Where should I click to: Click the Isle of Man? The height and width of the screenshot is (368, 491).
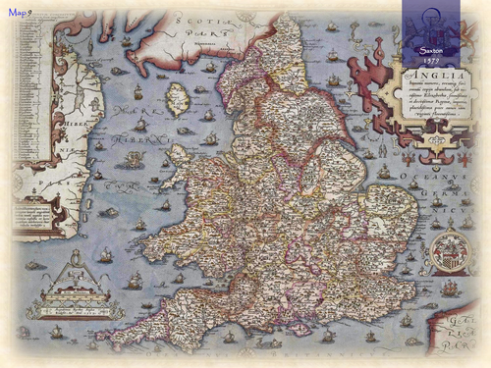(177, 97)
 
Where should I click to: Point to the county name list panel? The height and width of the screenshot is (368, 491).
(34, 216)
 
